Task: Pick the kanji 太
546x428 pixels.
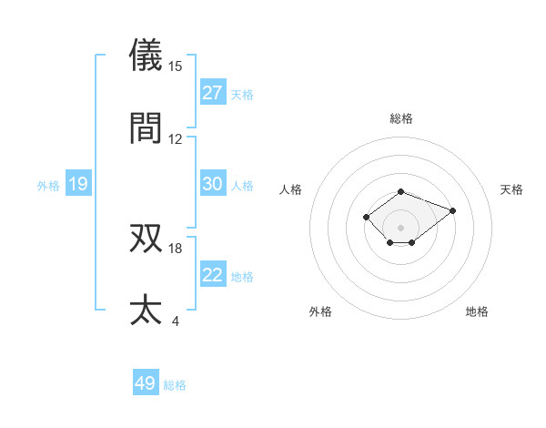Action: coord(147,310)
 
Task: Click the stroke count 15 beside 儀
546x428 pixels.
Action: coord(176,66)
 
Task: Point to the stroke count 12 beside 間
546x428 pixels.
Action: coord(176,139)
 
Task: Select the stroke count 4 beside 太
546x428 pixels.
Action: coord(176,321)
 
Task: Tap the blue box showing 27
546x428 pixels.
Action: coord(213,93)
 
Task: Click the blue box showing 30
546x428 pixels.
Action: coord(213,184)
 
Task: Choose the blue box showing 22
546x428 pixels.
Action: coord(213,275)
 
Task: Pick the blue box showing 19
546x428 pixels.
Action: coord(77,184)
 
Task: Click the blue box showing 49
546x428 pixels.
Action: coord(146,383)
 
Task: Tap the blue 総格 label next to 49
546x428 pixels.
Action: coord(176,385)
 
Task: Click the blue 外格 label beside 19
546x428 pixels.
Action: coord(48,186)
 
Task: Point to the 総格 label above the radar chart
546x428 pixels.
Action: coord(400,118)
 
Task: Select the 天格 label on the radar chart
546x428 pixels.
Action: coord(512,189)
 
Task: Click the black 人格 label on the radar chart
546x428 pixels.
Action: coord(290,189)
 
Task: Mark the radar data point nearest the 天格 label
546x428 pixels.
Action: coord(452,210)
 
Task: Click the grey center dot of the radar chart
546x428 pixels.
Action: coord(400,227)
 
